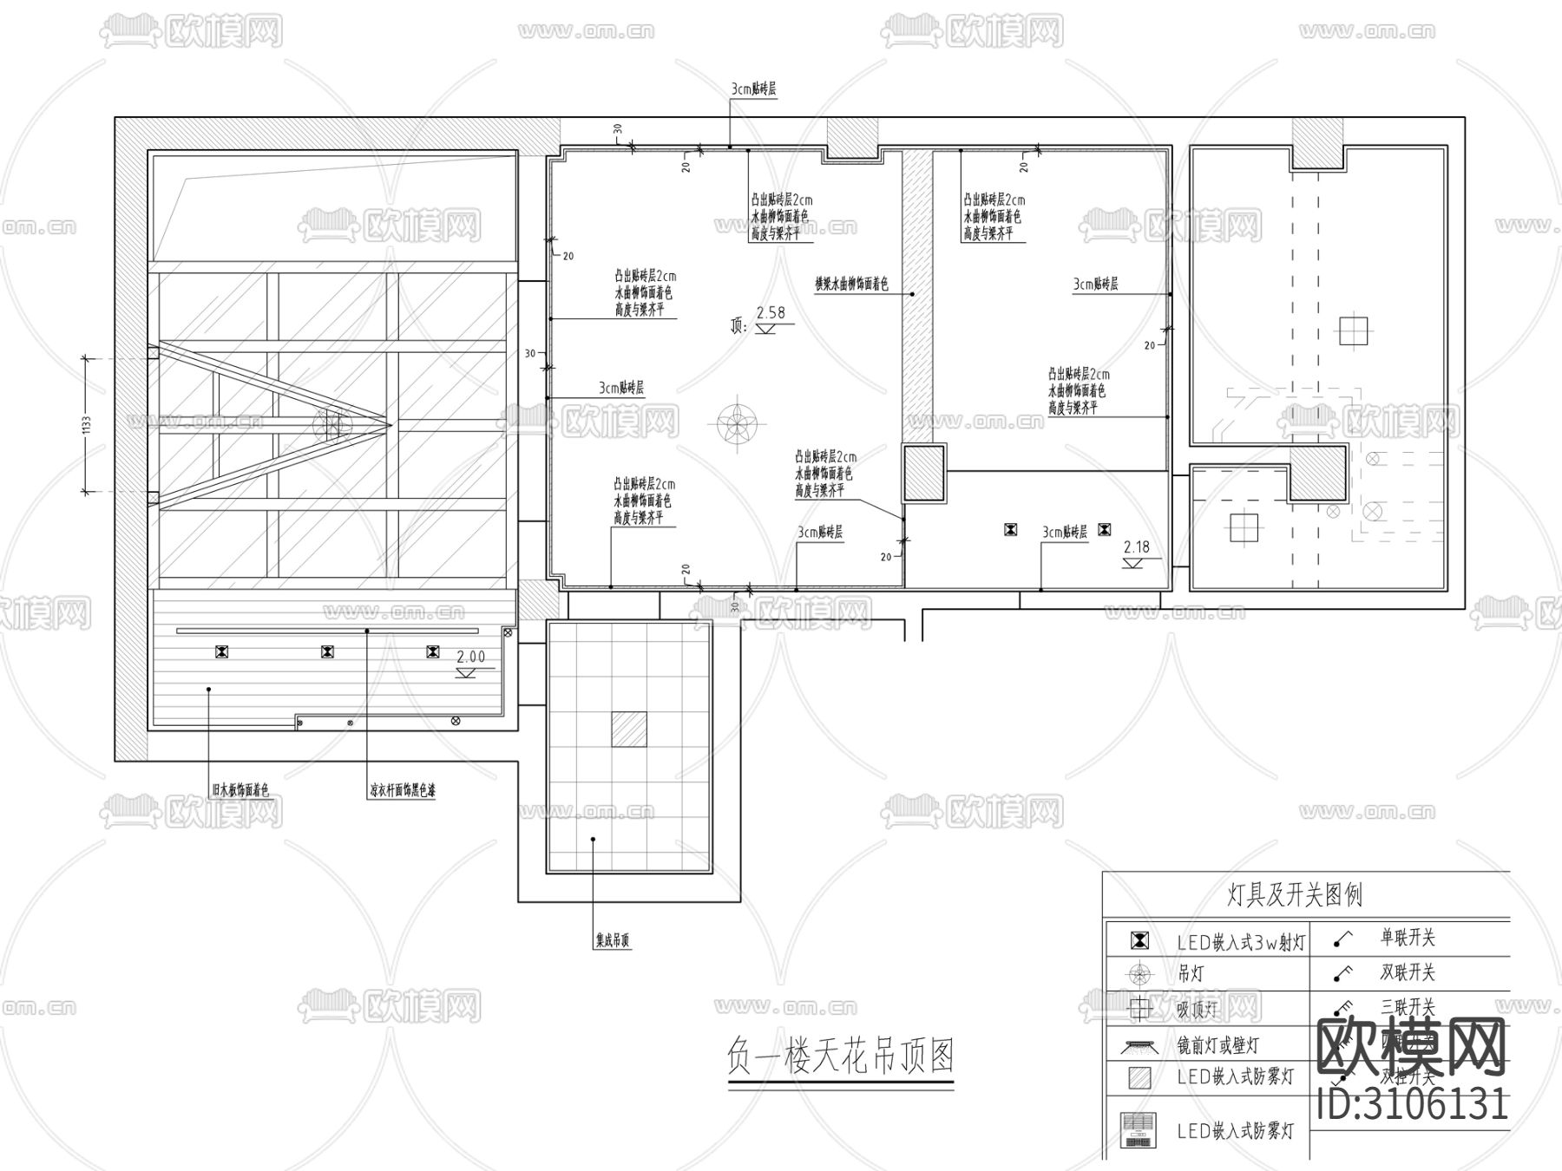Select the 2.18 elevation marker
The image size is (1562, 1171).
[x=1136, y=547]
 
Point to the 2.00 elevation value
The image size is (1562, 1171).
[x=471, y=657]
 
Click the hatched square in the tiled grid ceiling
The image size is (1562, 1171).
[x=628, y=729]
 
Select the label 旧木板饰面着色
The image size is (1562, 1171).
[x=240, y=790]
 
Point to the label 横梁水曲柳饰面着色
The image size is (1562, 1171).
[x=850, y=284]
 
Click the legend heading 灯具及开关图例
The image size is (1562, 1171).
[x=1295, y=894]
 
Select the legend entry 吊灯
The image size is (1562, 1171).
[x=1190, y=974]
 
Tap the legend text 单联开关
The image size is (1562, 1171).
[x=1408, y=938]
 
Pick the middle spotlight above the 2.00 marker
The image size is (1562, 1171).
[x=327, y=651]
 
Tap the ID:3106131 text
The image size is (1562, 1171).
[x=1412, y=1104]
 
